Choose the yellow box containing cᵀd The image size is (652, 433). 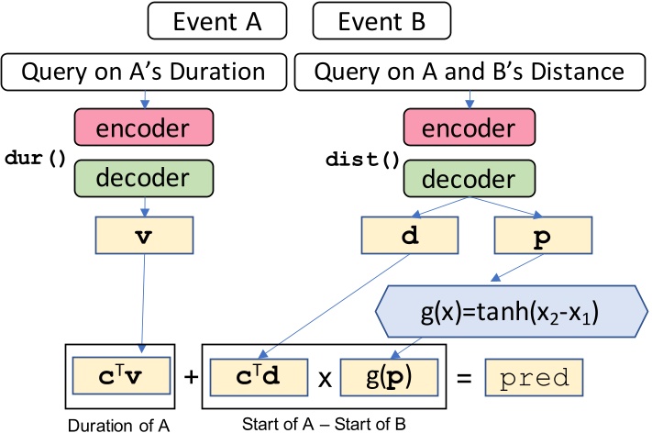coord(266,376)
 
